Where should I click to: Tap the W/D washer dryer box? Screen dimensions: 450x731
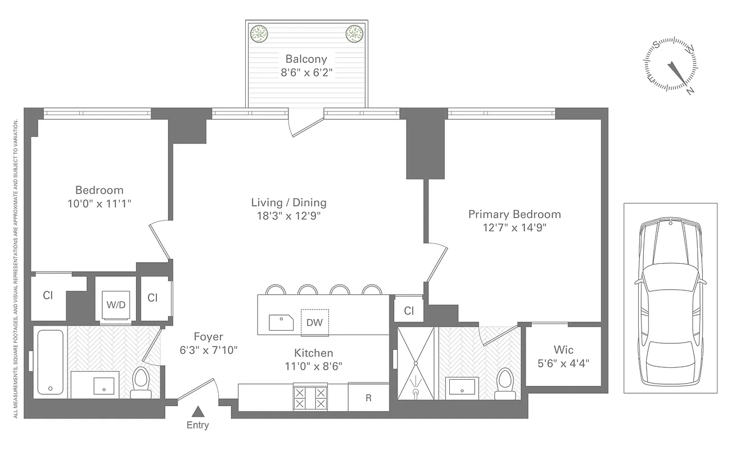click(116, 305)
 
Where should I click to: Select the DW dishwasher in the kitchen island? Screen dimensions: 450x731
click(314, 322)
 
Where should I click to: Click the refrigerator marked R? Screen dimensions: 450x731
click(368, 398)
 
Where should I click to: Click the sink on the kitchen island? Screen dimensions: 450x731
click(282, 322)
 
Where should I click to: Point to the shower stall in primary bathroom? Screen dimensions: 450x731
click(416, 363)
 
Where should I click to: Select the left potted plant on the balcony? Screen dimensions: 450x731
click(259, 33)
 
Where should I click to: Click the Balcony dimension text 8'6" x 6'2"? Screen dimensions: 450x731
click(306, 73)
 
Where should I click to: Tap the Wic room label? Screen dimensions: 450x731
click(563, 350)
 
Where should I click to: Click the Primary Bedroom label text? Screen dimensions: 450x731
click(515, 214)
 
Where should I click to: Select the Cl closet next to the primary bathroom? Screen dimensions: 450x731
click(409, 310)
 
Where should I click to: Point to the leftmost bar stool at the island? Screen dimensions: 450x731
click(275, 290)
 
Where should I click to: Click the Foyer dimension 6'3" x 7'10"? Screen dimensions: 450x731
click(208, 350)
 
